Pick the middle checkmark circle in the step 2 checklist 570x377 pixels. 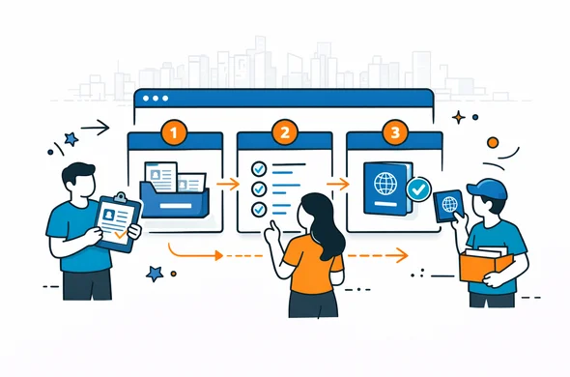[258, 188]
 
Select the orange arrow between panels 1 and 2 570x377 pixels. [228, 181]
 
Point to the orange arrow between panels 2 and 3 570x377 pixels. [337, 181]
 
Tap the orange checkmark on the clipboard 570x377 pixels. [119, 233]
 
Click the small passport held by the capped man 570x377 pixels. [447, 205]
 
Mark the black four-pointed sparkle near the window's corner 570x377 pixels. [459, 118]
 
